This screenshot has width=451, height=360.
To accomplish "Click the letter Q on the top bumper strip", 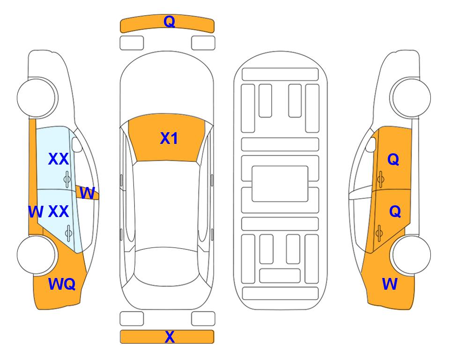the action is pyautogui.click(x=170, y=22).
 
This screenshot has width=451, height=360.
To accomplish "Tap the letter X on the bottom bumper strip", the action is pyautogui.click(x=170, y=337).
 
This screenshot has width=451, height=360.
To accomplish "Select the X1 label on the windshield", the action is pyautogui.click(x=169, y=138).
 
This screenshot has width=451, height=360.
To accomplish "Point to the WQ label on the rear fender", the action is pyautogui.click(x=62, y=284).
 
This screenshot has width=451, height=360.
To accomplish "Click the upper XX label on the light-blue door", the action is pyautogui.click(x=59, y=159).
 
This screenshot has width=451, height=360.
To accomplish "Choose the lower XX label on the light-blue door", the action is pyautogui.click(x=59, y=211).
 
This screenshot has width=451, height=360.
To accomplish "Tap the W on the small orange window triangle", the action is pyautogui.click(x=87, y=193).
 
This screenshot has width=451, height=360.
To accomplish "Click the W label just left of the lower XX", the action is pyautogui.click(x=36, y=212).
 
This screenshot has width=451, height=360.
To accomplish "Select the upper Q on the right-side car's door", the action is pyautogui.click(x=393, y=159).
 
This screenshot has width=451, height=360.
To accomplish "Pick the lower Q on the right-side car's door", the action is pyautogui.click(x=395, y=212).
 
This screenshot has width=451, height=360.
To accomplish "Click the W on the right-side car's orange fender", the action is pyautogui.click(x=390, y=284).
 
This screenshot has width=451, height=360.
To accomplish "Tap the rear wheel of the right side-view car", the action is pyautogui.click(x=411, y=255).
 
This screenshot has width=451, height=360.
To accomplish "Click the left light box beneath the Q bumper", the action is pyautogui.click(x=132, y=43).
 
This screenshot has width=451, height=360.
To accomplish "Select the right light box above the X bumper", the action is pyautogui.click(x=203, y=319).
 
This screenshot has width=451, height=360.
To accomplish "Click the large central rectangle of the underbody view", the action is pyautogui.click(x=280, y=184).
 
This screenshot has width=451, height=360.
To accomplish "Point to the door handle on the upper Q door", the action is pyautogui.click(x=381, y=179).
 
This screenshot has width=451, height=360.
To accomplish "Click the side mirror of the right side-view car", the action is pyautogui.click(x=371, y=145).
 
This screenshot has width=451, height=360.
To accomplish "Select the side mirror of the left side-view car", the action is pyautogui.click(x=77, y=145).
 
